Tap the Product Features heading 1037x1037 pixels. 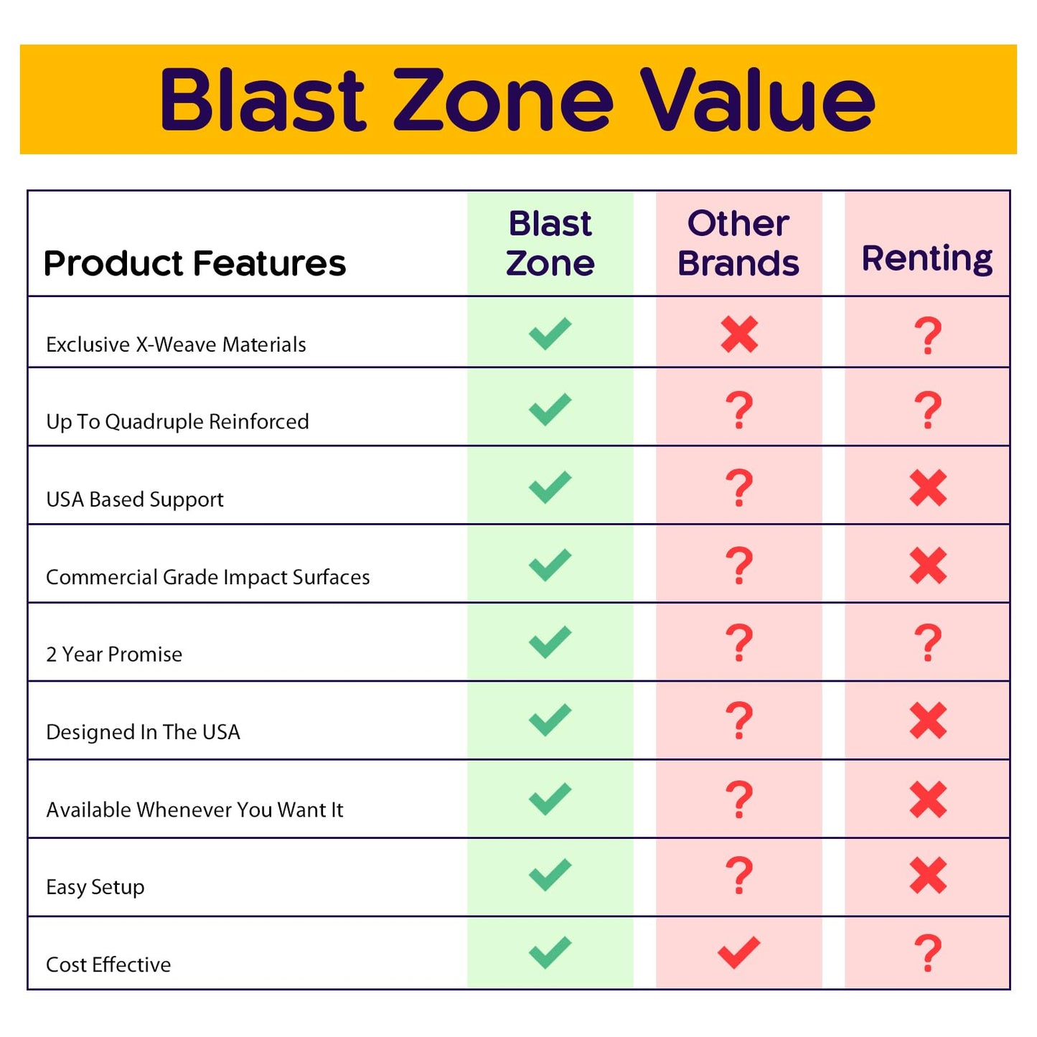(x=194, y=263)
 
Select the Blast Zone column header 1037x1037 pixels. (x=550, y=243)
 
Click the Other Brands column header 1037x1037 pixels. (x=738, y=243)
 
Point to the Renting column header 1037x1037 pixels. (x=927, y=258)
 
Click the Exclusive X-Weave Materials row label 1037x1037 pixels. (x=176, y=344)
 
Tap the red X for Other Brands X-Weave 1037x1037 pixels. (x=739, y=334)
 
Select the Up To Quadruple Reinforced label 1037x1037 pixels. (x=177, y=421)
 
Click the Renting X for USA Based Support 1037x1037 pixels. (x=928, y=488)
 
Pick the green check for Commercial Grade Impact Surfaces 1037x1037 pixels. (x=550, y=565)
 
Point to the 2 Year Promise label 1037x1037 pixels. (x=114, y=654)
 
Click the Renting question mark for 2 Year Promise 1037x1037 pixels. (x=928, y=643)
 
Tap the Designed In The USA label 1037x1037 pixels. (x=143, y=732)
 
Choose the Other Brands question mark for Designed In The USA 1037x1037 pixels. (x=739, y=721)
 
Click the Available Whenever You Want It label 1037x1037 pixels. (x=194, y=810)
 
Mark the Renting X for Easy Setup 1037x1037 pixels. (x=928, y=876)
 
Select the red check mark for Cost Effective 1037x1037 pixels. (x=738, y=953)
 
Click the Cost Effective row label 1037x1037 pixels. (x=108, y=965)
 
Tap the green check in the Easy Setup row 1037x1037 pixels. (x=550, y=875)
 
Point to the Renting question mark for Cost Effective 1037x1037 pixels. (x=928, y=953)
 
